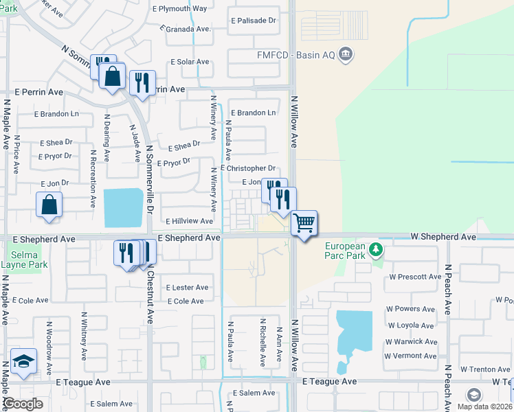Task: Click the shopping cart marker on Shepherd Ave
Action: coord(304,223)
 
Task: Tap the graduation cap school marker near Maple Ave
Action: coord(23,362)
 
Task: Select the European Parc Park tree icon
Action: coord(375,249)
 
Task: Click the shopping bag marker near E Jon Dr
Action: coord(49,204)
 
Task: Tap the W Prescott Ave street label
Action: coord(414,277)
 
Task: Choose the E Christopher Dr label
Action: coord(247,168)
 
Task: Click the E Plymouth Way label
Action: coord(179,9)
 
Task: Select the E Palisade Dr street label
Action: coord(253,21)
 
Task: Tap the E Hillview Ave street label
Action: coord(189,221)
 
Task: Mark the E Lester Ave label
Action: coord(187,288)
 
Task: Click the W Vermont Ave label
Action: coord(410,356)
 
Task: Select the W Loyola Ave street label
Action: coord(411,325)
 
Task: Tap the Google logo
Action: coord(23,404)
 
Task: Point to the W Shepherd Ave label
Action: coord(443,236)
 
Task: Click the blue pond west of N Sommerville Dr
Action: coord(123,208)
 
